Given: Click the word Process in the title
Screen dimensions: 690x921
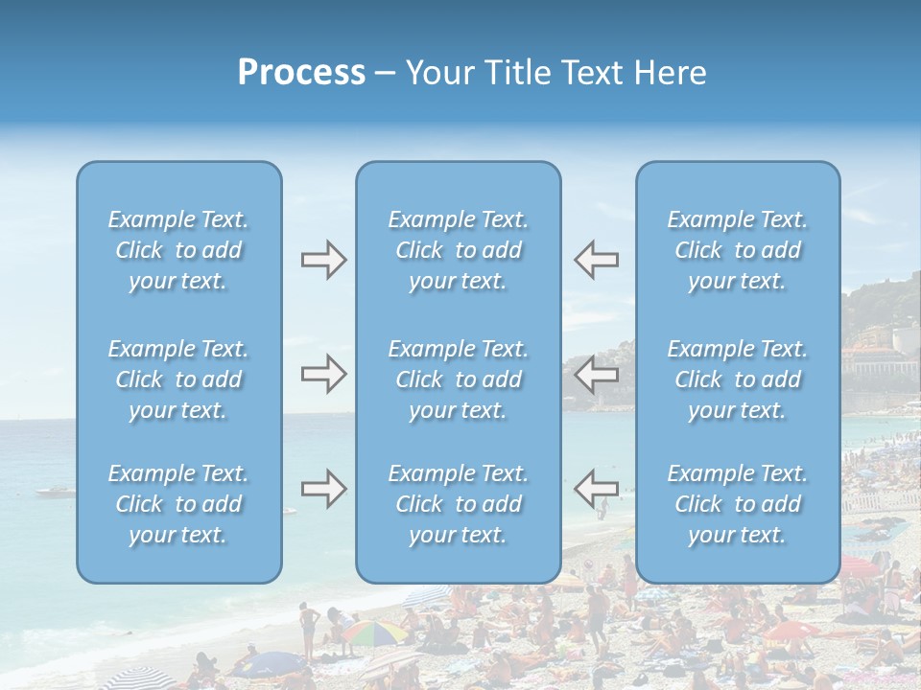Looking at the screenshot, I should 301,73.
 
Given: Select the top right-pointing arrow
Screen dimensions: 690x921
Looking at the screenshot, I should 323,260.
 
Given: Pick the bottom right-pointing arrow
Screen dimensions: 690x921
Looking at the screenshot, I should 323,490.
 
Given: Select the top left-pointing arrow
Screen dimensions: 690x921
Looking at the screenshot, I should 596,260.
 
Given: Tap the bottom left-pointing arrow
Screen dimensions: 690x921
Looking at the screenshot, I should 596,490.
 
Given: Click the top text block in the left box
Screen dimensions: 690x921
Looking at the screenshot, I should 178,250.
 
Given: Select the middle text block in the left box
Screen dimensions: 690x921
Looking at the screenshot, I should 178,379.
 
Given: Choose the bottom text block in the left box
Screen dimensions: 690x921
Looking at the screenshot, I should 178,504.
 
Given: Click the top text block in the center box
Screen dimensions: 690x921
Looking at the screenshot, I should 459,250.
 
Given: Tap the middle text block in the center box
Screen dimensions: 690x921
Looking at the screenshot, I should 459,379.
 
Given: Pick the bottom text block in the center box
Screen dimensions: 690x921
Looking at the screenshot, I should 459,504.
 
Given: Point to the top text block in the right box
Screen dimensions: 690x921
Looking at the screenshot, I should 738,250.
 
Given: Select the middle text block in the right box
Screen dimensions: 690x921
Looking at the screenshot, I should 738,379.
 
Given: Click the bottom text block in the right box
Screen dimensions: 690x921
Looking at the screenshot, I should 738,504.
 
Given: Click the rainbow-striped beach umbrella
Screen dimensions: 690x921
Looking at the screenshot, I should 374,632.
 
